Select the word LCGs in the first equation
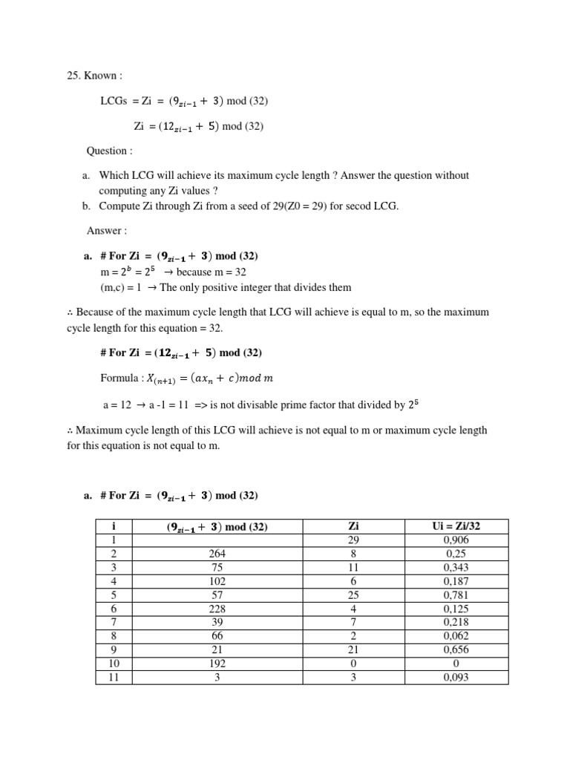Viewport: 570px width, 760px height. [x=114, y=101]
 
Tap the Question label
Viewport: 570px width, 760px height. [x=109, y=151]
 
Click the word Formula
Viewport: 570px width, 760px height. [x=119, y=378]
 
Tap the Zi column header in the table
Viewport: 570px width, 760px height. [x=353, y=526]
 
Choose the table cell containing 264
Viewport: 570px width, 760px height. [x=217, y=554]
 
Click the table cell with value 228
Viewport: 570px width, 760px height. [x=217, y=609]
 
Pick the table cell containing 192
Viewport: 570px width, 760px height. [x=217, y=664]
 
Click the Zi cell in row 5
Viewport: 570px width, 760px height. [x=353, y=595]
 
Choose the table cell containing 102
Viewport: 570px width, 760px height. [x=217, y=581]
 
